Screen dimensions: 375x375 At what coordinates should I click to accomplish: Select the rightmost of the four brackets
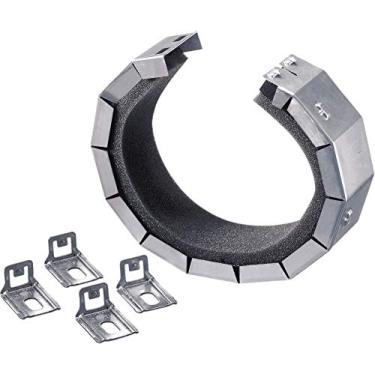coord(146,287)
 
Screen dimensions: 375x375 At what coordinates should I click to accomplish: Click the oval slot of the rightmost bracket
coord(150,297)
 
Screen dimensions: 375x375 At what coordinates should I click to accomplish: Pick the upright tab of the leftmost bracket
coord(17,271)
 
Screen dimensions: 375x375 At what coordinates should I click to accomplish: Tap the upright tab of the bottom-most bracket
coord(91,298)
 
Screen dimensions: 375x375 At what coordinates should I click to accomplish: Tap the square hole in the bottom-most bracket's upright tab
coord(90,297)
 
